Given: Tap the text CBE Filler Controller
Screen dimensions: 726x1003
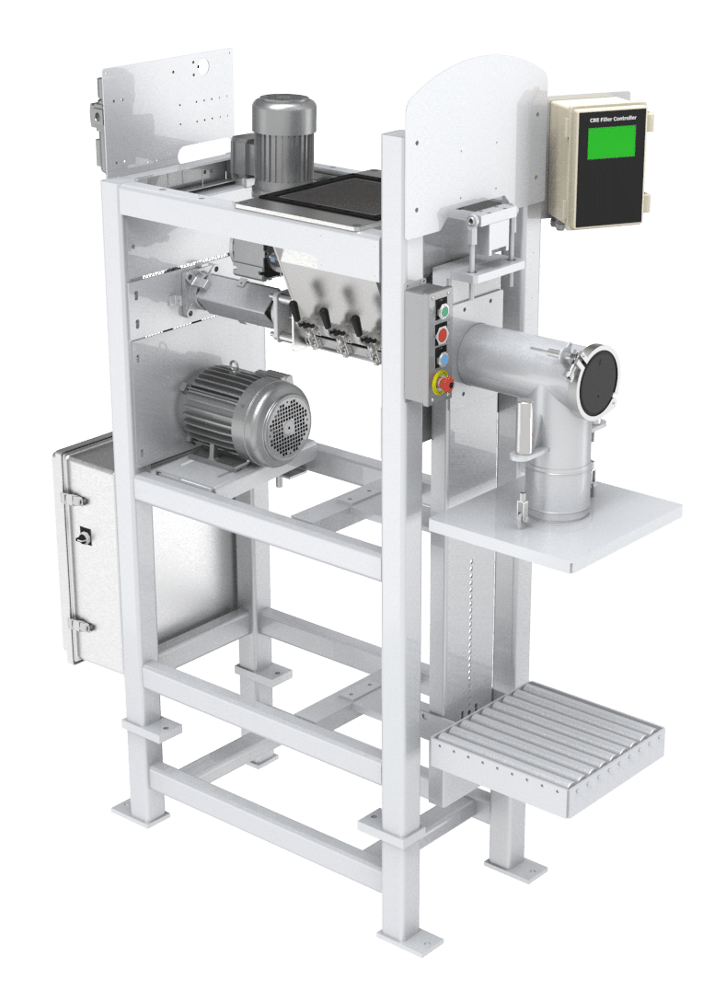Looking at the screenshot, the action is [613, 119].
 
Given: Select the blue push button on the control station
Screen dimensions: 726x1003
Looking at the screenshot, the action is [443, 358].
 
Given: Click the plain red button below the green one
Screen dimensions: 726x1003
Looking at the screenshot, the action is [442, 335].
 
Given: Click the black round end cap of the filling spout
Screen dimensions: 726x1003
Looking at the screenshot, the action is [599, 381].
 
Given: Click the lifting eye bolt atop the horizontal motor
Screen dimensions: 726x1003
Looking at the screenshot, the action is [235, 367].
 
